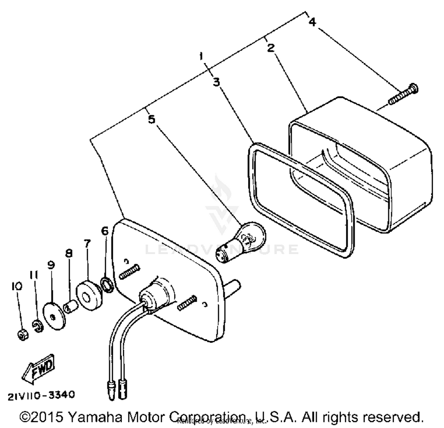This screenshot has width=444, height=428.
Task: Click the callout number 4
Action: coord(312,22)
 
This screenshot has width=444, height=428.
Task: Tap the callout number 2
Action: coord(271,48)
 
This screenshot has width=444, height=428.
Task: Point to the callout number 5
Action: coord(151,120)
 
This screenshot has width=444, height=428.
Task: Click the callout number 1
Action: coord(202,56)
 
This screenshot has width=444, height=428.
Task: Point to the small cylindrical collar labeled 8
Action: coord(71,307)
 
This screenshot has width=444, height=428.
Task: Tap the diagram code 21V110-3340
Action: coord(41,395)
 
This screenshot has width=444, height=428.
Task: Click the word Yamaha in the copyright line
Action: coord(95,417)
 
